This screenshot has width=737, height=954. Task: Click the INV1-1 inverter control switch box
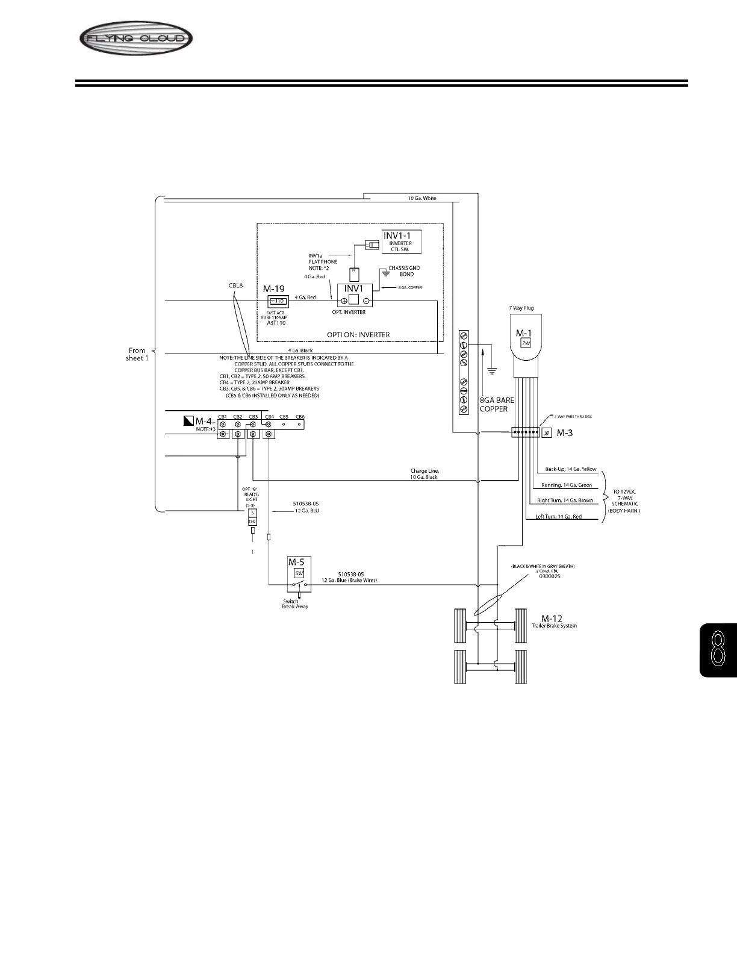click(x=401, y=242)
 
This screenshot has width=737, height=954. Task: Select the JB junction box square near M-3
click(x=547, y=433)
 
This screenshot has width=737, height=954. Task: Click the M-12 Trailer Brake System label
click(x=553, y=622)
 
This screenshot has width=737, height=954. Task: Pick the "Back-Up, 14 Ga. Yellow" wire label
click(x=570, y=469)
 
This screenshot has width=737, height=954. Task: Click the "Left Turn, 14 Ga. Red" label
click(x=558, y=517)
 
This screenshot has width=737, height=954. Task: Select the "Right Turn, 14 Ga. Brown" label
click(x=564, y=500)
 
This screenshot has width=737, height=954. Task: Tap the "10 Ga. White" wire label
click(x=421, y=198)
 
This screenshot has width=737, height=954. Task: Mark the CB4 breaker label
click(x=269, y=417)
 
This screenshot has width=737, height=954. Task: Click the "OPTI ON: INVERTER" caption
click(x=358, y=335)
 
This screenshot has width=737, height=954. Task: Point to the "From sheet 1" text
click(x=137, y=354)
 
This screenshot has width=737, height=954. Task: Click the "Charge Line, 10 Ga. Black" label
click(x=424, y=474)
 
